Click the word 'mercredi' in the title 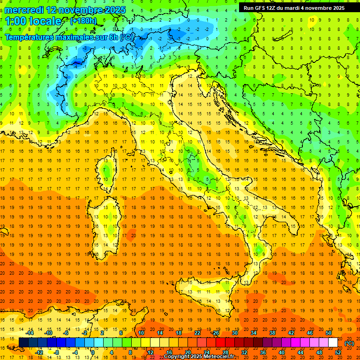coord(24,9)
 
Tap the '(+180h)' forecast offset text coord(83,21)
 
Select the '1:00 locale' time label coord(33,21)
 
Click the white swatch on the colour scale coord(333,343)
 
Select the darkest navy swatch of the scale coord(23,343)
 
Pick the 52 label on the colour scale coord(338,352)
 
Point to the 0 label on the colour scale coord(93,352)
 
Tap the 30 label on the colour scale coord(235,333)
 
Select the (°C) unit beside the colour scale coord(349,343)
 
